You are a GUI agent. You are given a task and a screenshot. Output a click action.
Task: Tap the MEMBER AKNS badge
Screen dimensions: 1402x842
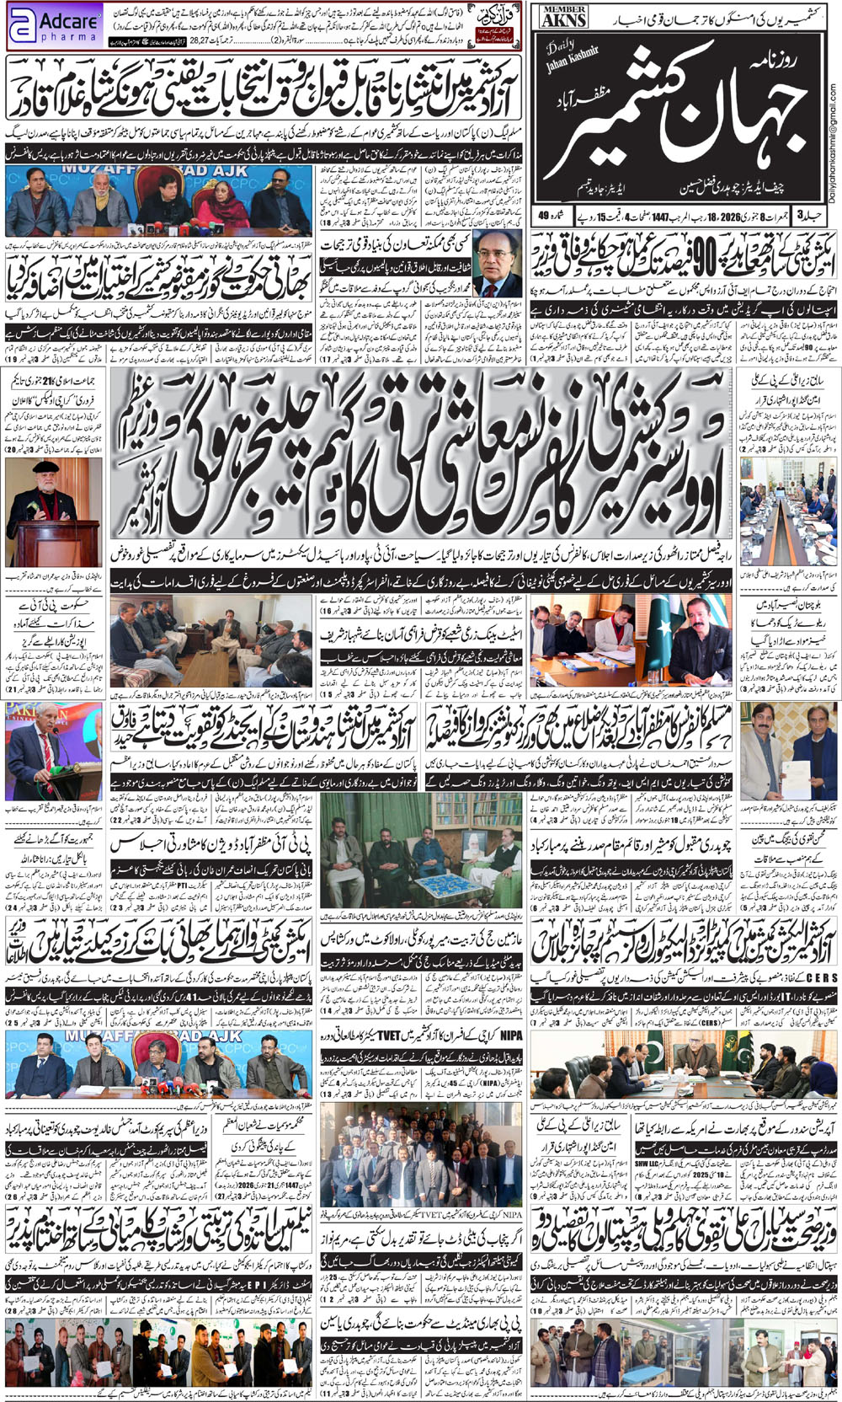pyautogui.click(x=564, y=16)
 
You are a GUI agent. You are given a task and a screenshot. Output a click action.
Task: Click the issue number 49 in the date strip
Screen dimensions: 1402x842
pyautogui.click(x=543, y=217)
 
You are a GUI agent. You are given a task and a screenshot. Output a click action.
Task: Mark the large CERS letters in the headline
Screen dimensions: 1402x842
pyautogui.click(x=820, y=977)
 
